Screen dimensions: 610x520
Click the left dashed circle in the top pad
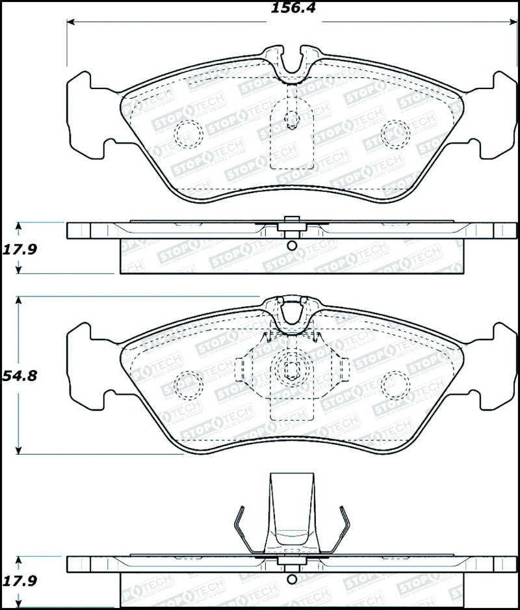(189, 133)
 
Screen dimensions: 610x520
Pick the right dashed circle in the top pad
(395, 133)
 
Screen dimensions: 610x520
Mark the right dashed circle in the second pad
(395, 385)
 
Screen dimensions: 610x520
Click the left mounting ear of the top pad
(86, 114)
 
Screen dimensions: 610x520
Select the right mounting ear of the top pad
(498, 114)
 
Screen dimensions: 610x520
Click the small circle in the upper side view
(291, 246)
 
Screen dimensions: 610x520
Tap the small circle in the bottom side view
(291, 578)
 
